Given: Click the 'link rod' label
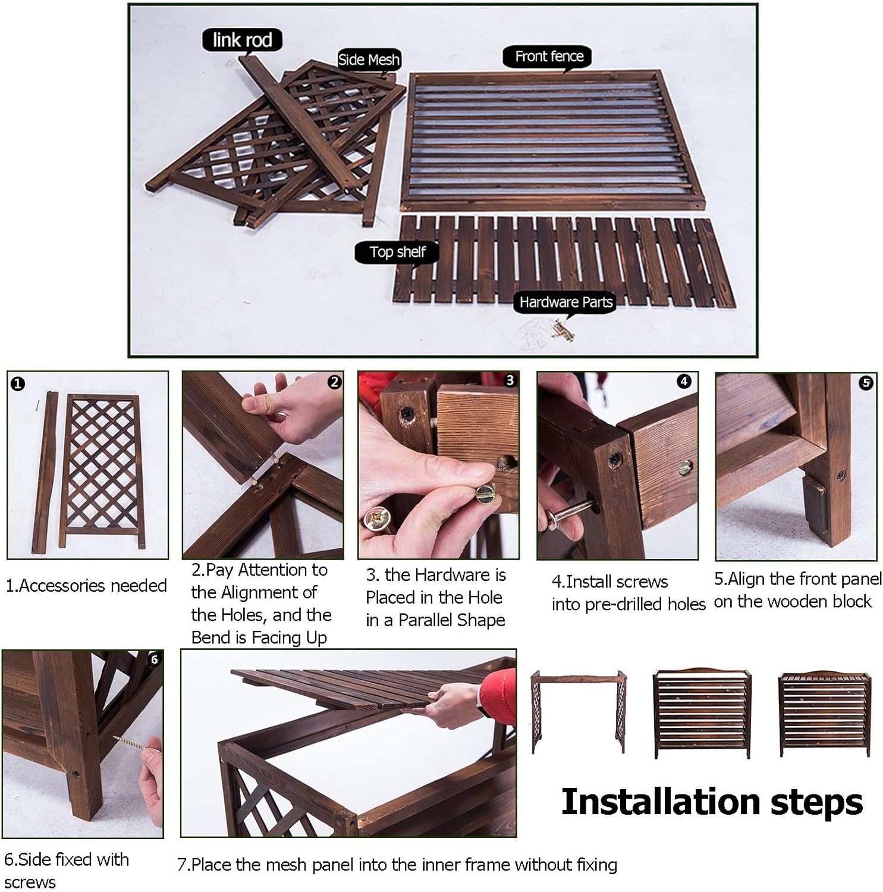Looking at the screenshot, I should tap(242, 40).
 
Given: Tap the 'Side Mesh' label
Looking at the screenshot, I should tap(369, 59).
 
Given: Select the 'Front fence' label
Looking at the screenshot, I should tap(549, 56).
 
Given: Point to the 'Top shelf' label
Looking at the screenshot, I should tap(397, 252).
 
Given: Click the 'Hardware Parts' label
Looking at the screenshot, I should tap(565, 302).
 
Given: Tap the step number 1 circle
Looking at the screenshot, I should tap(18, 384).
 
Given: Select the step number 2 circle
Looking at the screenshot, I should tap(334, 382).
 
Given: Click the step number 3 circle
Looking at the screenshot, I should tap(510, 381).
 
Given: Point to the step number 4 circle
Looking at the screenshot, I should tap(684, 381).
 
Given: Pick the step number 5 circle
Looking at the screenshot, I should tap(866, 383).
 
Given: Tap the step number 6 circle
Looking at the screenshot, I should tap(154, 659).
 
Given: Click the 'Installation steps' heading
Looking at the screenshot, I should tap(712, 802).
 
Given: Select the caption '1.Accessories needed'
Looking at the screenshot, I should tap(86, 586).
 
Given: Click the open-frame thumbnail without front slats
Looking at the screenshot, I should tap(579, 711).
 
